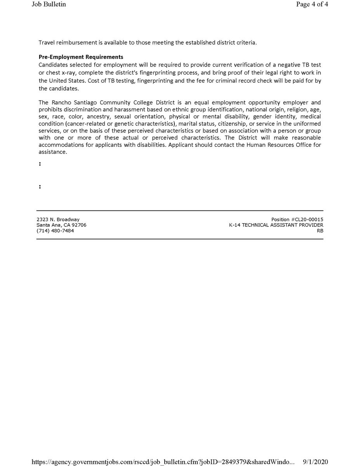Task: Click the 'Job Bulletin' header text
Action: pyautogui.click(x=49, y=5)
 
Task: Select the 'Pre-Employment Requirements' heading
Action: pyautogui.click(x=81, y=57)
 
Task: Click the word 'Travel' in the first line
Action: pyautogui.click(x=47, y=42)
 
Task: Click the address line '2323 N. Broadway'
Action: pyautogui.click(x=58, y=220)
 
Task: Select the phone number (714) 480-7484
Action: pyautogui.click(x=55, y=231)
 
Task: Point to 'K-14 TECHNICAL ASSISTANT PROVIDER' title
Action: pyautogui.click(x=276, y=225)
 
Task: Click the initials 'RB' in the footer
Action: pyautogui.click(x=320, y=231)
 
